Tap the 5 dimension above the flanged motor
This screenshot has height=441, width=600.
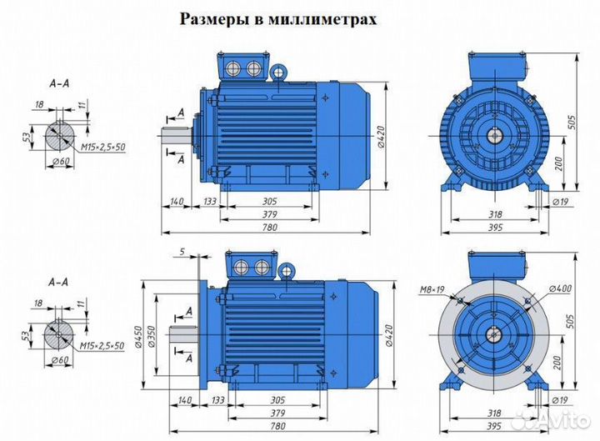click(x=182, y=251)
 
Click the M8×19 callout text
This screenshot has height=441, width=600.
click(x=431, y=290)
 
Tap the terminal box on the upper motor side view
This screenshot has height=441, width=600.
click(x=242, y=68)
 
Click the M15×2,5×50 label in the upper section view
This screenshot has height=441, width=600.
click(x=102, y=148)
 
